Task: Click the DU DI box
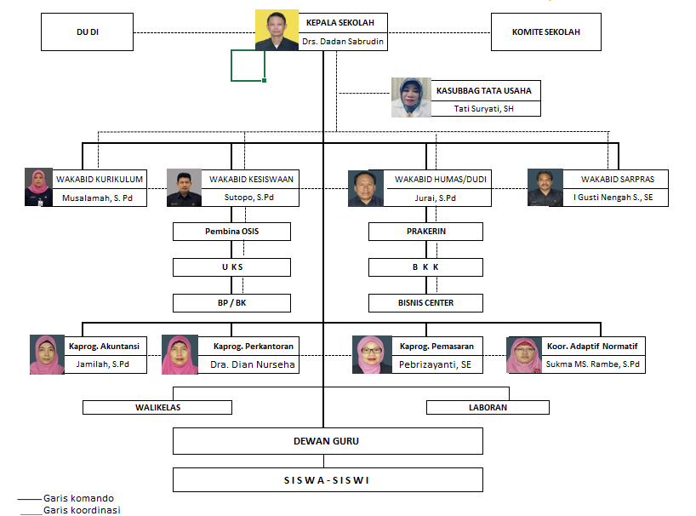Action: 88,32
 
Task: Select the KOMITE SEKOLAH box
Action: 545,32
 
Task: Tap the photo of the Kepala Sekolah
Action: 277,31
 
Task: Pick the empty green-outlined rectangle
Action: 248,65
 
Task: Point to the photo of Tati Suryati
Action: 411,97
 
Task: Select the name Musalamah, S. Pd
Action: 99,198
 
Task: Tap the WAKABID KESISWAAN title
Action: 251,179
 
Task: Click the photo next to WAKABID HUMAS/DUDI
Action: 366,188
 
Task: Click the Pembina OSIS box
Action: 231,231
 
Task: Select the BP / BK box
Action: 231,302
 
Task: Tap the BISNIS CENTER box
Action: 425,302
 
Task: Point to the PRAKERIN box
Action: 425,231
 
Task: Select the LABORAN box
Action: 487,407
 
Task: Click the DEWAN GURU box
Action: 328,441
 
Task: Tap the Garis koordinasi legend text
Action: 82,510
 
